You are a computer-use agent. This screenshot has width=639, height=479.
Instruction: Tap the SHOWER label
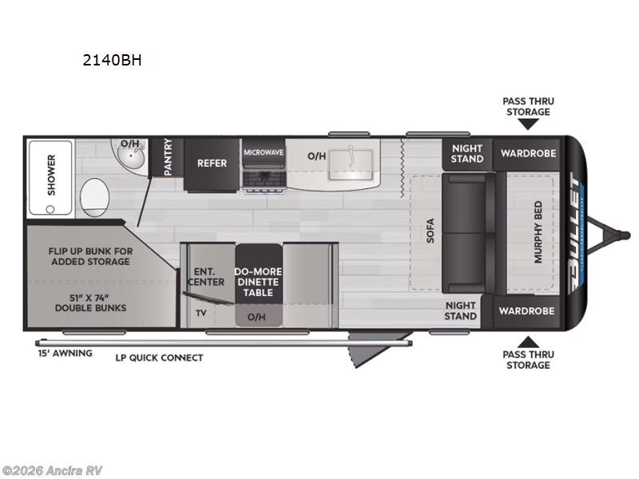(x=52, y=169)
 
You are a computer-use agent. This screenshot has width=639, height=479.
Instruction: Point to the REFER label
(x=212, y=163)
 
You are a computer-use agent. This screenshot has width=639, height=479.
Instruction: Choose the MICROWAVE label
(x=264, y=152)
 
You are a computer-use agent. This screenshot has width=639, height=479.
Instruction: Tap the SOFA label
(x=429, y=232)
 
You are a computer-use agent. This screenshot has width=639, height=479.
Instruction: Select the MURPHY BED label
(x=538, y=232)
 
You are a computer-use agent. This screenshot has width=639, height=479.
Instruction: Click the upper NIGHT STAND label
(x=467, y=153)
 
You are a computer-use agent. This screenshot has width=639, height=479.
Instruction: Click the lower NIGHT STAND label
(x=461, y=311)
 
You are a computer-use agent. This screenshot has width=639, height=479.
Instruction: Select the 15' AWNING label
(x=65, y=352)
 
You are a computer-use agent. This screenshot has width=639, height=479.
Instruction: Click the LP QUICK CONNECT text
(x=159, y=358)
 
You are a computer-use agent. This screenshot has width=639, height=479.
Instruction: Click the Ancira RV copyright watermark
(x=53, y=470)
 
